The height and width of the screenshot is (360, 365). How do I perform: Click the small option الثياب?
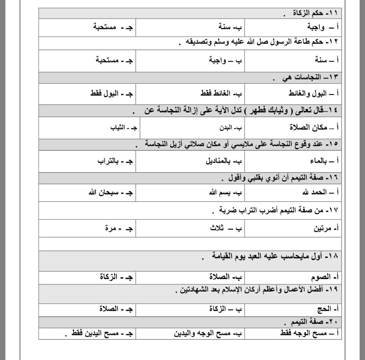118,128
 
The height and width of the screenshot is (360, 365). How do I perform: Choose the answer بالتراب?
108,161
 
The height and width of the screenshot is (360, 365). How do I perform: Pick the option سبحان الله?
103,193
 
